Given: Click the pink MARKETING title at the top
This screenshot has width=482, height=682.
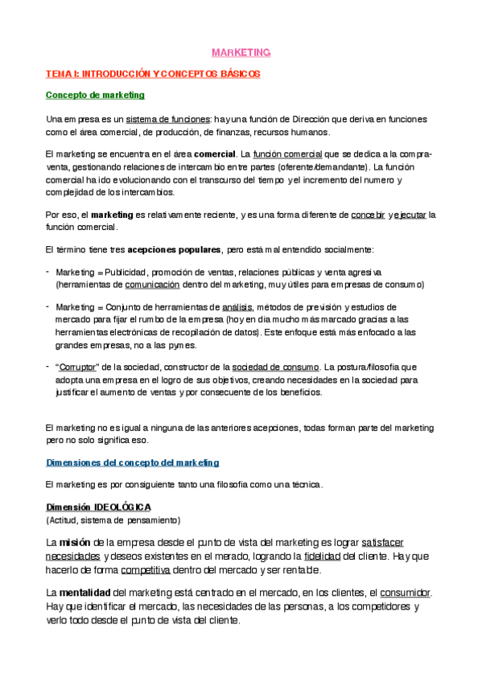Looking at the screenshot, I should (241, 52).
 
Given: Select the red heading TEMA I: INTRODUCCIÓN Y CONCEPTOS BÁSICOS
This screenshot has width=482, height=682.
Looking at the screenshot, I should (152, 73).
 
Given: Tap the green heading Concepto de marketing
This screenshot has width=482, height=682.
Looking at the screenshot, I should (95, 95).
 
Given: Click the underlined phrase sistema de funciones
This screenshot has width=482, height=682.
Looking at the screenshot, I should (171, 119).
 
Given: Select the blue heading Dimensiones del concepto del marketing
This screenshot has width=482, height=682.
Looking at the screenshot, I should (132, 463).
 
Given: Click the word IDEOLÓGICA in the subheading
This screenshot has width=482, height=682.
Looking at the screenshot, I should (122, 507).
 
